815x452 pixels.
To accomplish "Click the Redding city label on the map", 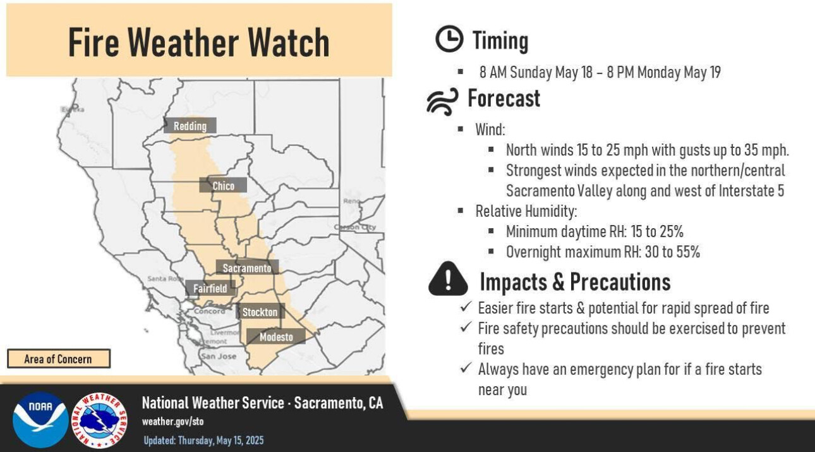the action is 190,126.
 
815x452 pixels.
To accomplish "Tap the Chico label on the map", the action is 223,186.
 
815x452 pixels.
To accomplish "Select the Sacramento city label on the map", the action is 247,268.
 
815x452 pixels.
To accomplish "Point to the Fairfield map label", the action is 210,288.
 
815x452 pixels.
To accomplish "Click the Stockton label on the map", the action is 260,312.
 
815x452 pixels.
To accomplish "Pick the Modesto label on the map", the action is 276,337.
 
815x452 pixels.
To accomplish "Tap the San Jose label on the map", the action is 219,356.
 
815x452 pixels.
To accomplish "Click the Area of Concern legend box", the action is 59,359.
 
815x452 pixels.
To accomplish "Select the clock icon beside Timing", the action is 449,39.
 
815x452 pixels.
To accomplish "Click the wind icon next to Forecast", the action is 443,101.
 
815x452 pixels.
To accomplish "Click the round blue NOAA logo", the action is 40,420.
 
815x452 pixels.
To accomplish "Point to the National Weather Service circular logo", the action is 100,420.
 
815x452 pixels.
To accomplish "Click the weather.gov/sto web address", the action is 173,422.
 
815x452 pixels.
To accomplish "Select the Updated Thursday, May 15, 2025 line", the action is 203,441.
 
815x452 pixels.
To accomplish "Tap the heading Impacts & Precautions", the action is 575,282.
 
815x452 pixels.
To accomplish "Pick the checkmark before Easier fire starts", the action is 466,307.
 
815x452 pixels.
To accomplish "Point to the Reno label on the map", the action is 351,201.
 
